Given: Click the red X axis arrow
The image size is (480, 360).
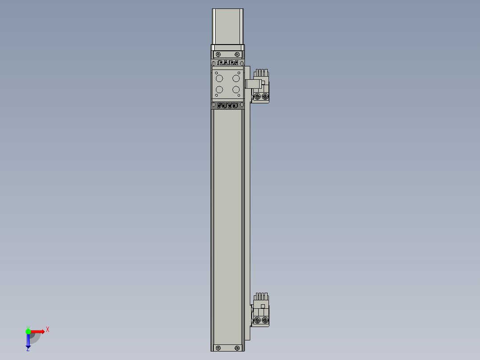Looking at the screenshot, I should point(37,331).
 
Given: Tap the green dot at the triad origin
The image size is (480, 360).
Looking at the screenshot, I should point(28,331).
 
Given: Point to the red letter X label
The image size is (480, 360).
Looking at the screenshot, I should point(47,329).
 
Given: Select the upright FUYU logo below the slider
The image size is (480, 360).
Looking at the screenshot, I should point(227,106).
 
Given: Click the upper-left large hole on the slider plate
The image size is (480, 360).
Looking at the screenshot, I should point(220,78).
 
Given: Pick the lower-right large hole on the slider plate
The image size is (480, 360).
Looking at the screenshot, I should point(236,90).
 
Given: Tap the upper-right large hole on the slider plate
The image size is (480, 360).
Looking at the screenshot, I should point(236,78).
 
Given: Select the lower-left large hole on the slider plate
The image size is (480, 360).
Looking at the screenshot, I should point(220,90).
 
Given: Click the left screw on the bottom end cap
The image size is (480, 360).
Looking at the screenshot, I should point(218,348).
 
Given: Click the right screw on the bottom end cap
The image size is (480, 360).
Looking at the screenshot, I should point(237,348).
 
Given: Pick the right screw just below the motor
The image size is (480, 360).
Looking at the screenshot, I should point(237,54).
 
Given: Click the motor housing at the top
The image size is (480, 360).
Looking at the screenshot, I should point(228,27).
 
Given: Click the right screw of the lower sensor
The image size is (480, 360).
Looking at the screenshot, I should point(265,320).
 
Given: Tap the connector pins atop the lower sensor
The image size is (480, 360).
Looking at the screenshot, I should point(261,296).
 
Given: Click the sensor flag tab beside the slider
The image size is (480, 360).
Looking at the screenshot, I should point(252,83).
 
